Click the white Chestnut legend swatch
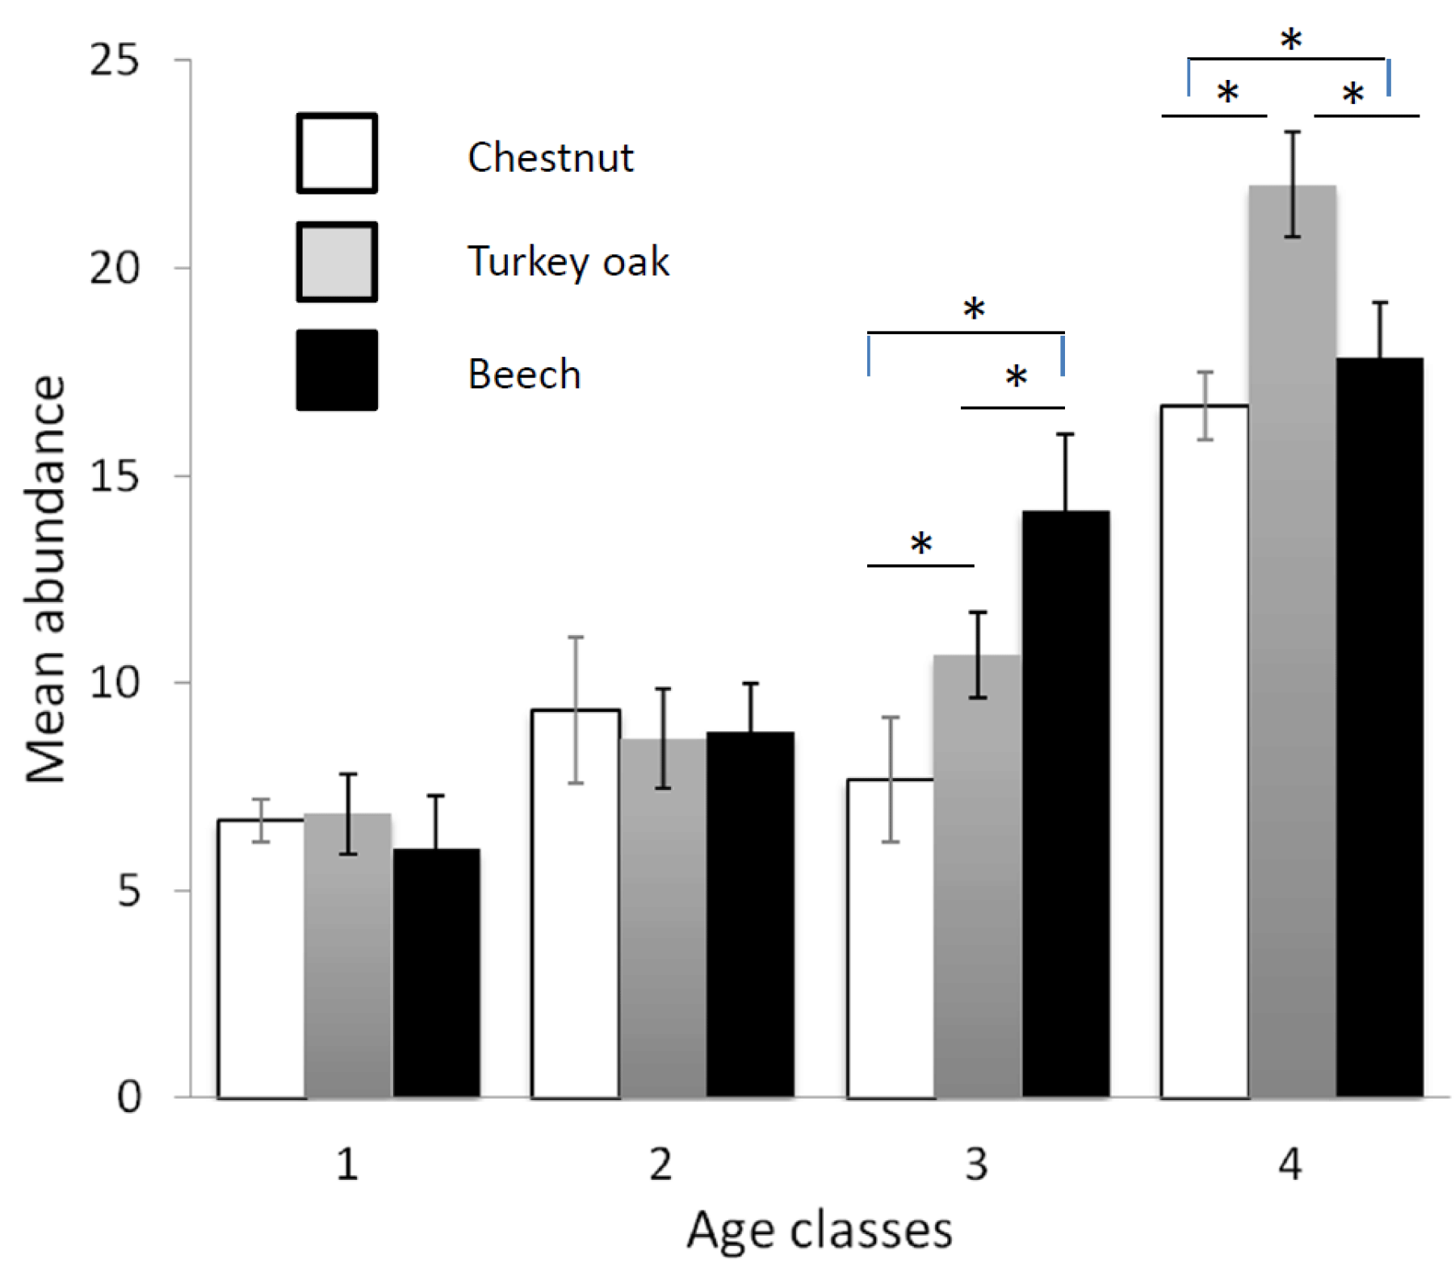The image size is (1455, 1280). click(x=337, y=153)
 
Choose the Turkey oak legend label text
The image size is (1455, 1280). click(x=568, y=261)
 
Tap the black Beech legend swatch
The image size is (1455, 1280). click(x=337, y=370)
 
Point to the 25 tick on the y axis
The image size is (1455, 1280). click(x=114, y=61)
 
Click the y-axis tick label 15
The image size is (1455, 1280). click(x=114, y=476)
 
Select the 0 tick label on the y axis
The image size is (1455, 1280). click(x=129, y=1098)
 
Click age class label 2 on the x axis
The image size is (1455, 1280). click(x=661, y=1165)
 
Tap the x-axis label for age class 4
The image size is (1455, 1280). click(x=1290, y=1165)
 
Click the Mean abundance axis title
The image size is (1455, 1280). click(x=45, y=579)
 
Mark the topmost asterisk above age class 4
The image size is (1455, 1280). click(x=1291, y=40)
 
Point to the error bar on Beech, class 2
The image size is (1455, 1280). click(x=751, y=708)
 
